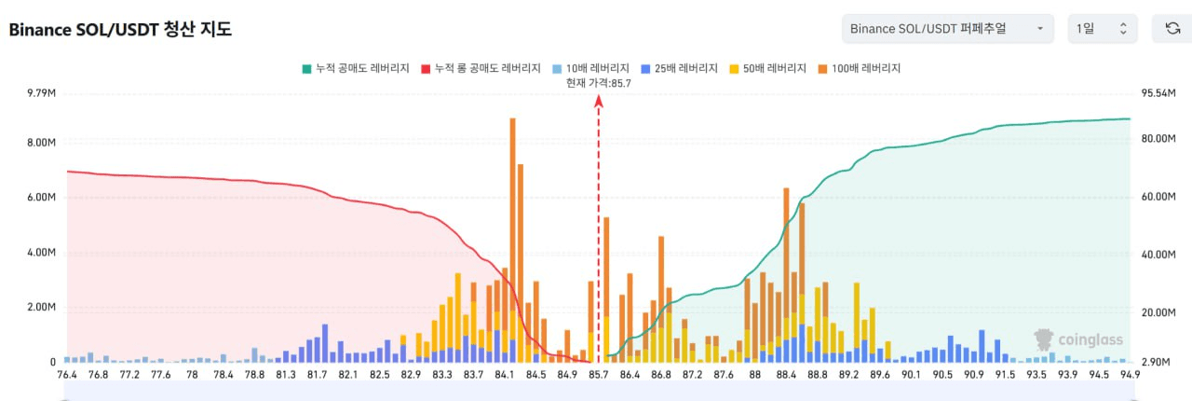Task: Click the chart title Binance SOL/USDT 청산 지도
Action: tap(120, 30)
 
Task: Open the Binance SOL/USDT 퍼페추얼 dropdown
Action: tap(947, 29)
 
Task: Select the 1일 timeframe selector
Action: tap(1102, 29)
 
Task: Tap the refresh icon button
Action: tap(1172, 29)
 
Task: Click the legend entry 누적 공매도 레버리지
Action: tap(356, 68)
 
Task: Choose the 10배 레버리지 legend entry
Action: tap(591, 68)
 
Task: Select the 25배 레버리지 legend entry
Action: tap(680, 68)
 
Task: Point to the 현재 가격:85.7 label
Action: tap(599, 83)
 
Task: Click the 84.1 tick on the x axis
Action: tap(505, 375)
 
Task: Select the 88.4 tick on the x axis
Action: tap(786, 375)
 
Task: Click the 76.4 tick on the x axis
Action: tap(67, 375)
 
